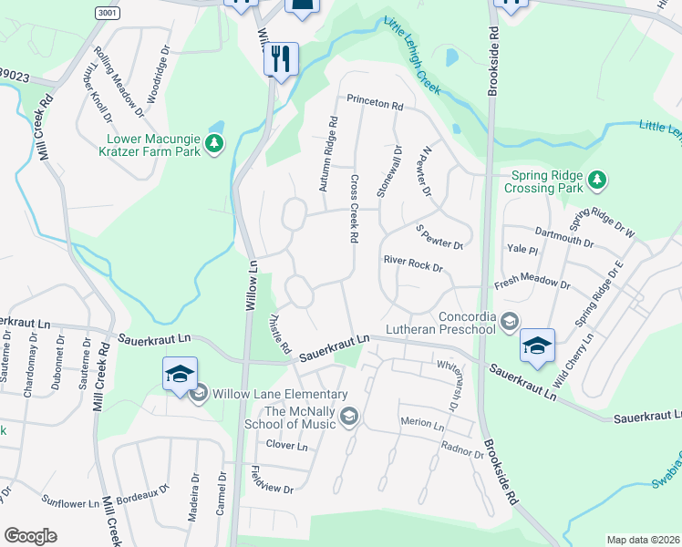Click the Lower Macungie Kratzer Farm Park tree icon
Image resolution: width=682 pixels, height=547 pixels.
(214, 143)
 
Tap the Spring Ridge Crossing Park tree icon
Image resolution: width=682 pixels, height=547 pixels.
(597, 180)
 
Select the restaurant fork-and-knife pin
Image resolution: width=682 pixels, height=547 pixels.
(281, 60)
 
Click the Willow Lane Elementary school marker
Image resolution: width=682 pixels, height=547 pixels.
(180, 375)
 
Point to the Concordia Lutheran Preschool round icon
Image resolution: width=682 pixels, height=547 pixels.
(509, 322)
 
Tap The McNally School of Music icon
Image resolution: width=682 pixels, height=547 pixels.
(348, 418)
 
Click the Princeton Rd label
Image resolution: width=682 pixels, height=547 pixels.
(374, 104)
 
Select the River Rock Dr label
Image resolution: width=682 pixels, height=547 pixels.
(412, 265)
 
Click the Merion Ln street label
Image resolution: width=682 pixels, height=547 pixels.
(421, 425)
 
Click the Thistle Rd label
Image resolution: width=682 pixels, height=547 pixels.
(279, 335)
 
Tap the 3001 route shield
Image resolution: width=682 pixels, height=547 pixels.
(108, 10)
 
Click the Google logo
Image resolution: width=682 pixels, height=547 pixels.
(30, 536)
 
